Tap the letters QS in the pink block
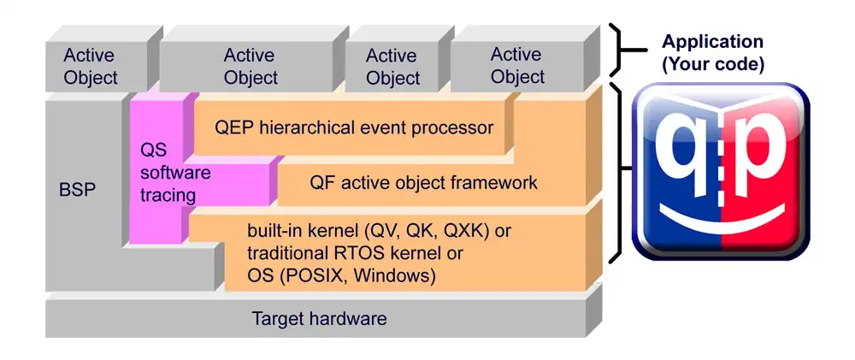153,149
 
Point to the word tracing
168,195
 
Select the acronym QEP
233,128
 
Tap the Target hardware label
319,319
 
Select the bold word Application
713,42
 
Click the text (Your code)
713,63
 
